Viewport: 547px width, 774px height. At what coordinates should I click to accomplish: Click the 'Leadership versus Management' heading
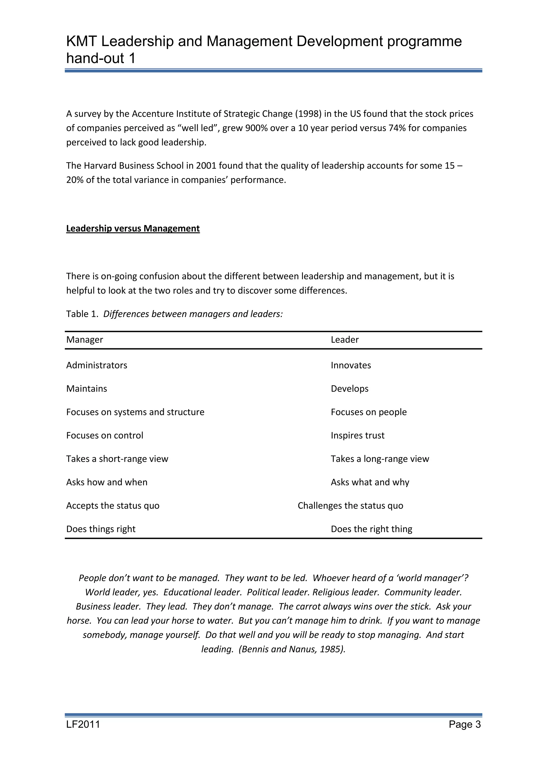click(133, 229)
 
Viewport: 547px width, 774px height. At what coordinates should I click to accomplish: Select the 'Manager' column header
click(85, 340)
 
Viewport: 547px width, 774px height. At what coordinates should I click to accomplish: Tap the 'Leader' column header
click(345, 340)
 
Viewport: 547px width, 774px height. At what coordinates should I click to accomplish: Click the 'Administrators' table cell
click(97, 365)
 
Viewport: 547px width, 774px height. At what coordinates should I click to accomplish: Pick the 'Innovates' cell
click(351, 365)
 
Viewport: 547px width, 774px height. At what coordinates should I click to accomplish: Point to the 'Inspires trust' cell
click(357, 436)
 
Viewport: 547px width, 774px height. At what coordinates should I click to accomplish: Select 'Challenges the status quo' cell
click(350, 506)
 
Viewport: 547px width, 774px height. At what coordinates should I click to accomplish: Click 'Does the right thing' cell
click(371, 529)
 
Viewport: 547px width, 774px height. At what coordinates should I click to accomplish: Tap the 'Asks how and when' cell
click(107, 482)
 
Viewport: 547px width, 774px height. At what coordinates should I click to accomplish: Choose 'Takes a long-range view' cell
click(380, 459)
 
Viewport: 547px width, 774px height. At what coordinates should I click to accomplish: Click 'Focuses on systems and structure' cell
click(135, 412)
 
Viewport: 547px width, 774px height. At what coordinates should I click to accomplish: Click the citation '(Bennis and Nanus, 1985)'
click(292, 649)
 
